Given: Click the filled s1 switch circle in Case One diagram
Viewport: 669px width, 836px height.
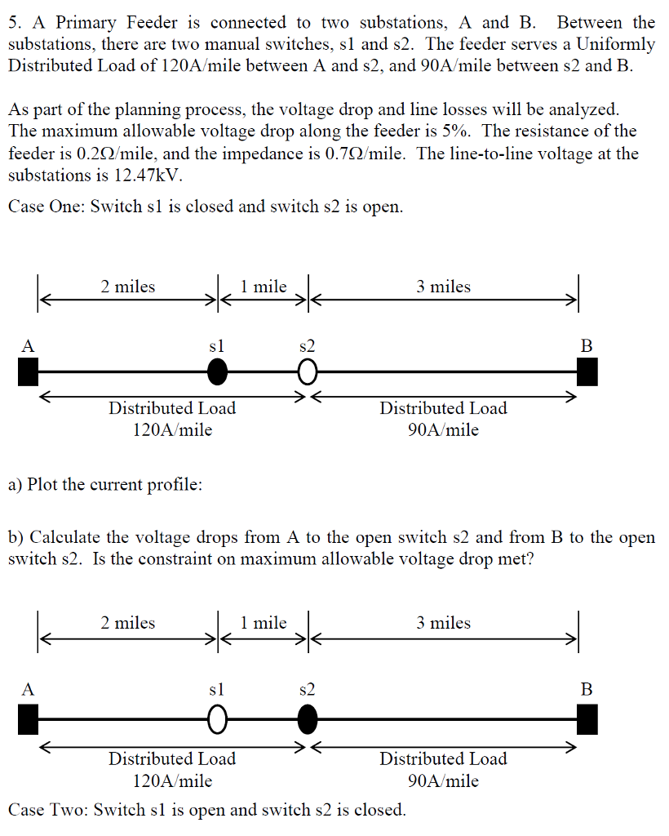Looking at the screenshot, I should tap(216, 372).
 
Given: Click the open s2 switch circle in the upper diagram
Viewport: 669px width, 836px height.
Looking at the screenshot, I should tap(307, 372).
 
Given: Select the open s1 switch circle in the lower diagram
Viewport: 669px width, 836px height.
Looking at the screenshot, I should tap(216, 719).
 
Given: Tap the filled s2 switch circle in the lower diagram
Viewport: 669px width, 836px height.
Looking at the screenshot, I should tap(307, 719).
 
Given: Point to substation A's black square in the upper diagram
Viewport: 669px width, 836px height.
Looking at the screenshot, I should tap(29, 372).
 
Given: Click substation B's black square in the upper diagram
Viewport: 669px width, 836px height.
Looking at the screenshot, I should tap(587, 372).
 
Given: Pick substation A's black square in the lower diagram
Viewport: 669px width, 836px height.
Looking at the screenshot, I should tap(29, 719).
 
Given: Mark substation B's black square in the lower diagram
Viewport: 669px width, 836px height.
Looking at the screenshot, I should tap(587, 719).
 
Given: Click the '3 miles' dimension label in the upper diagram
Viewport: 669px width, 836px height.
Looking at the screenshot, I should tap(443, 287).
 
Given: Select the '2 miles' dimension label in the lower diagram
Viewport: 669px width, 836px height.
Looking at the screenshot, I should tap(128, 623).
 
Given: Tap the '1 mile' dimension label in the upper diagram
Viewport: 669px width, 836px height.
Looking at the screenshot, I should tap(264, 287).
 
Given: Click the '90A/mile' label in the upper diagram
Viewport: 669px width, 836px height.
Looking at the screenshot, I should tap(443, 429).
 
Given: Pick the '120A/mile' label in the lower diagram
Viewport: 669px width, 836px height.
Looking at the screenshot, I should tap(172, 780).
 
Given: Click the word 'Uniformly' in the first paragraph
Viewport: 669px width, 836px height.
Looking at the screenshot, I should tap(614, 44).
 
